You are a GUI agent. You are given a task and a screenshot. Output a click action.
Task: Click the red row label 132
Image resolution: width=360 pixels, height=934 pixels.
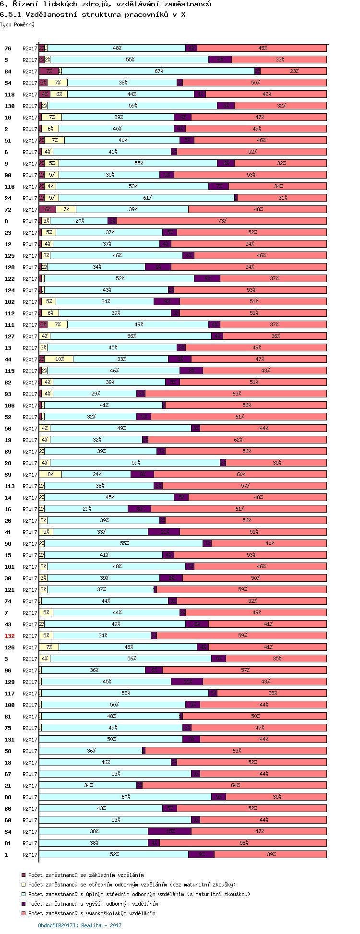(9, 636)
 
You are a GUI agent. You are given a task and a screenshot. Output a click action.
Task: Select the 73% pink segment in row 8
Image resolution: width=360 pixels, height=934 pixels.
(221, 221)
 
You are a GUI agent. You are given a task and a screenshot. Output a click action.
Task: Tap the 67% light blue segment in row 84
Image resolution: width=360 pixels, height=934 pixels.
(158, 72)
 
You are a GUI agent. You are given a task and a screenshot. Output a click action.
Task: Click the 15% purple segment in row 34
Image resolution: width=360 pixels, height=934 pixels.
(169, 832)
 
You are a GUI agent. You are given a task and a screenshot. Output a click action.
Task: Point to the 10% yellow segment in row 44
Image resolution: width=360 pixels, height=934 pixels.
(59, 359)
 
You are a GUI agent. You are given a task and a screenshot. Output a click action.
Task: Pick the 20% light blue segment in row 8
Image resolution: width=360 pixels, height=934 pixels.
(79, 221)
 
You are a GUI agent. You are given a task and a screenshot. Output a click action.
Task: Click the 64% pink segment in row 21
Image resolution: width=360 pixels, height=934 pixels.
(235, 786)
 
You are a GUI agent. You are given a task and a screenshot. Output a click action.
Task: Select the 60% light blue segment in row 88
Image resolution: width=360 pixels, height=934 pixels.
(125, 797)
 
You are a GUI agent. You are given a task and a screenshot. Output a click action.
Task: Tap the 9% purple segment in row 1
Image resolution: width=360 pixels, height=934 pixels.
(201, 855)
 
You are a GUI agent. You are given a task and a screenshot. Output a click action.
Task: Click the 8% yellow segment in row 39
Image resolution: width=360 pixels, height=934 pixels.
(50, 475)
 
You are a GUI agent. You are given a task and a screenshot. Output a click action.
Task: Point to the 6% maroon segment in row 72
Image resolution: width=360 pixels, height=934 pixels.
(48, 210)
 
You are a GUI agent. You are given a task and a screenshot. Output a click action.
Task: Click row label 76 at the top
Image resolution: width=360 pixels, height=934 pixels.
(8, 48)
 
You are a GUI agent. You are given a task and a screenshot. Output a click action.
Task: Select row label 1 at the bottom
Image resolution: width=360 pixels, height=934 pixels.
(6, 855)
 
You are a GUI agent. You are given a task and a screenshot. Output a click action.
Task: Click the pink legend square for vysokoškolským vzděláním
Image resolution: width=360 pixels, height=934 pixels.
(24, 913)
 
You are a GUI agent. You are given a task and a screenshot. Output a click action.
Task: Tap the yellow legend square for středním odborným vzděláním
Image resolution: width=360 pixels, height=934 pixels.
(24, 885)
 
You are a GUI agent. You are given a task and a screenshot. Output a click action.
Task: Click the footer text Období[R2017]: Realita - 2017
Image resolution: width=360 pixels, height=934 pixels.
(80, 925)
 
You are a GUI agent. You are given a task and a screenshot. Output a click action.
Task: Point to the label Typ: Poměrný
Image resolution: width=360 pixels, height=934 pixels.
(17, 24)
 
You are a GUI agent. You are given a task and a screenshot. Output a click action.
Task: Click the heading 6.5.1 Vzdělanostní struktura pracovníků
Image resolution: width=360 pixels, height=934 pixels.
(93, 14)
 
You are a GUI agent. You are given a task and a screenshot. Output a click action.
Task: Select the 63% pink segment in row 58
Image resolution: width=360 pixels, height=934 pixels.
(236, 751)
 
